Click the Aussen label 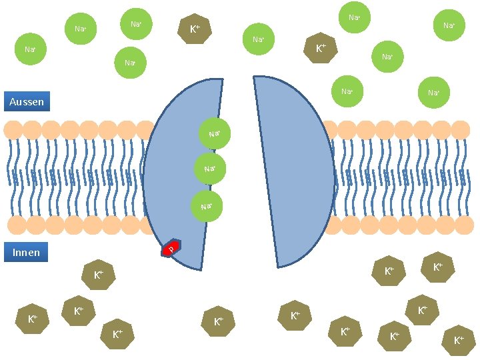(27, 102)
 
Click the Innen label (27, 252)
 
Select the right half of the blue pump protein (290, 173)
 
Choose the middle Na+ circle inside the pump (210, 169)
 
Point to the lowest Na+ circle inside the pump (207, 207)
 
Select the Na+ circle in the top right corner (449, 26)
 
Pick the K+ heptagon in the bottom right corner (459, 341)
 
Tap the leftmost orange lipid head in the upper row (13, 129)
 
